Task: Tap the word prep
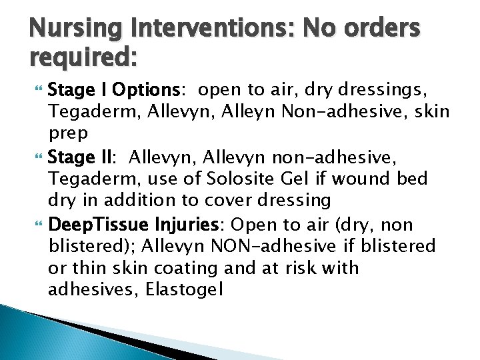[67, 133]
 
